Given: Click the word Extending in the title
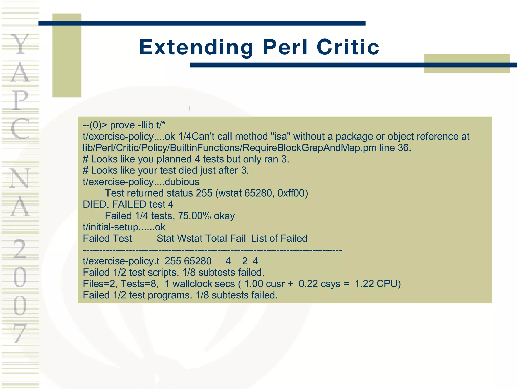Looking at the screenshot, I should coord(196,47).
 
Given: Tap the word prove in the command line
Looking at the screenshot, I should coord(122,125).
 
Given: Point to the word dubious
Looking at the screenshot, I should coord(182,182).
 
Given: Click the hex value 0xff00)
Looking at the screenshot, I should coord(293,193).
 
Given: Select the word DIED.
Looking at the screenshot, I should coord(96,204).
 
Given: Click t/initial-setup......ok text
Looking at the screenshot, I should coord(124,227).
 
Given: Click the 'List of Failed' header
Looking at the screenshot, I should coord(279,239).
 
